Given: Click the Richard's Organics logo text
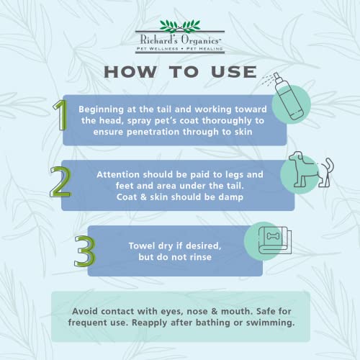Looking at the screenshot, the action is [x=179, y=40].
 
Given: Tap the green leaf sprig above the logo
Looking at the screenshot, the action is [x=180, y=26].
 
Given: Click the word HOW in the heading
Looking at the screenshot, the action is [x=130, y=72].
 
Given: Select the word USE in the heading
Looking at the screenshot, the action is [x=234, y=72].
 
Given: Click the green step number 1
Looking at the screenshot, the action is [x=60, y=115].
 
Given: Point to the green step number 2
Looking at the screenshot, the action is [x=60, y=182].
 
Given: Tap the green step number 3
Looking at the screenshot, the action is [x=85, y=251].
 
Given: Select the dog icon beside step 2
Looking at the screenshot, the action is [x=311, y=169].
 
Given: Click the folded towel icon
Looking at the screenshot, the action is [x=275, y=240].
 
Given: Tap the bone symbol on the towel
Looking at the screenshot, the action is [x=271, y=236].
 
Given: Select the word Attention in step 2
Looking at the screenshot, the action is [x=118, y=174].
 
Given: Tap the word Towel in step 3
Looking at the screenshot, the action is [x=141, y=246].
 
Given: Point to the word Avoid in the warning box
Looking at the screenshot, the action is [x=85, y=311].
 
